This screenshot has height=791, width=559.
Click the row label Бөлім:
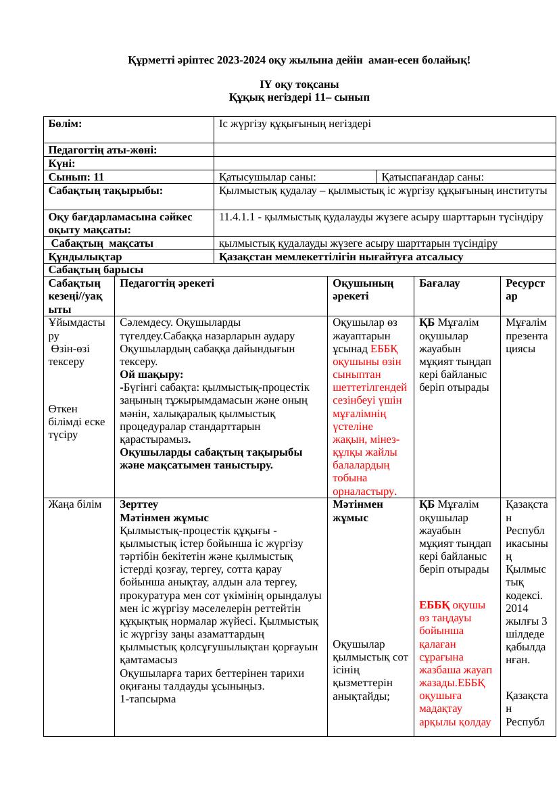click(66, 124)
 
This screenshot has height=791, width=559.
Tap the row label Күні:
click(62, 164)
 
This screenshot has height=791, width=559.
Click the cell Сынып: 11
click(76, 177)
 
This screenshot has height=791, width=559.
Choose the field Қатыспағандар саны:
click(433, 177)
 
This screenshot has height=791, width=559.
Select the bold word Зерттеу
click(139, 504)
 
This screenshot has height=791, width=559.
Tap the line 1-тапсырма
click(147, 699)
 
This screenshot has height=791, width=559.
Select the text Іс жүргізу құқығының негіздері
click(295, 124)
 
